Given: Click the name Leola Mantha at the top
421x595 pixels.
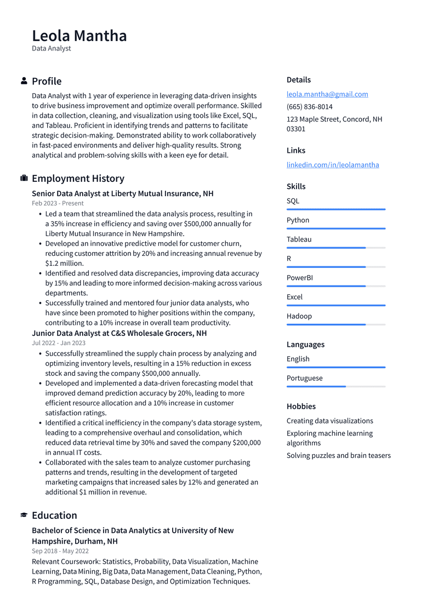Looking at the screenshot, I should coord(79,36).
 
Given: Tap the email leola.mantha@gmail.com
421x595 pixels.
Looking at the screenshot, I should coord(327,94).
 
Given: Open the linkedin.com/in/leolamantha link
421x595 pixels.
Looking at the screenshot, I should coord(333,165).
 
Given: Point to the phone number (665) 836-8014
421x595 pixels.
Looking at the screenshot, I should coord(309,107).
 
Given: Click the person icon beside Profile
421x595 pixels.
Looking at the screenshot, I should coord(24,81).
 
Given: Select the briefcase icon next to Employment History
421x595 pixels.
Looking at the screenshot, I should coord(24,179).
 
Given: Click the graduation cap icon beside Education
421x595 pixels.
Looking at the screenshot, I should coord(24,515).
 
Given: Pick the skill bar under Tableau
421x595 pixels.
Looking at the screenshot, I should coord(335,248).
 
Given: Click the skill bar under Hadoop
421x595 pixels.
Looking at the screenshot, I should coord(335,324).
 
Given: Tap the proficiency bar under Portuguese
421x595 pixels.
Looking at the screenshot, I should coord(335,386).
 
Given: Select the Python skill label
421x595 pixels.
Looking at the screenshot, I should coord(298,220).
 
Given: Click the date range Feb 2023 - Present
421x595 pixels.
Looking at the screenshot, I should coord(58,203).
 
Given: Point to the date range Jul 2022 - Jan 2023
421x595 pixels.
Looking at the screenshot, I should coord(59,343).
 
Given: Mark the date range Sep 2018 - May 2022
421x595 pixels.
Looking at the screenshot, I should coord(60,551).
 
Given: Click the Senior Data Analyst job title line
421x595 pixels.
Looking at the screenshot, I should coord(123,193).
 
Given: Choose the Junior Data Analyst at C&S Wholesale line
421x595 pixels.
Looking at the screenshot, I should coord(119,333).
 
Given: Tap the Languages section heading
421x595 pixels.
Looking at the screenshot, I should coord(305,345).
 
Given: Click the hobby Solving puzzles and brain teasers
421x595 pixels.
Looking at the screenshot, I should coord(338,455).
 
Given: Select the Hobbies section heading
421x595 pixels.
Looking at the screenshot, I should coord(301,407).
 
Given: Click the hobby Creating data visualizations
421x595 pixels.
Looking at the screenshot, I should coord(329,421).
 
